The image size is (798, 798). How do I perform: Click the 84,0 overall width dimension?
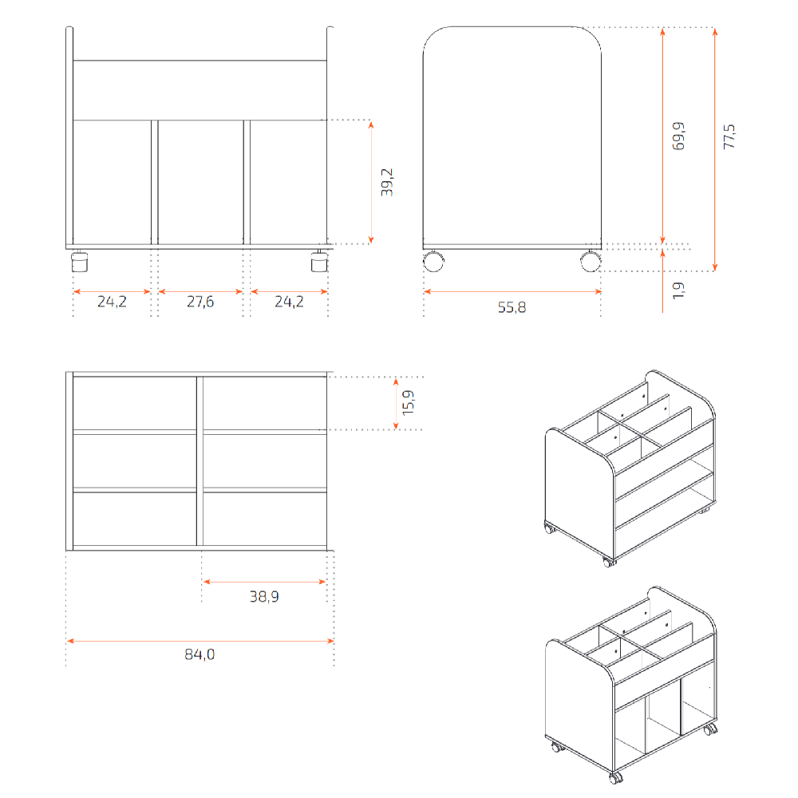tap(199, 654)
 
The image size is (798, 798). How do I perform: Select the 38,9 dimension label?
tap(264, 596)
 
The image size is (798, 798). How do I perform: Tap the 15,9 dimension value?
tap(408, 402)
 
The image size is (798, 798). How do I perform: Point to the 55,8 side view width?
tap(512, 307)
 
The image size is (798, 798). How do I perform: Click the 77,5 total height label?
tap(729, 136)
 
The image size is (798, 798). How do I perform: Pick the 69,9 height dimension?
tap(678, 136)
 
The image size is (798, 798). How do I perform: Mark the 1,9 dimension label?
tap(678, 290)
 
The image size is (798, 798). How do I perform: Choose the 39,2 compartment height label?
tap(387, 182)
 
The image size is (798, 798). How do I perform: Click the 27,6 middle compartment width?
tap(200, 302)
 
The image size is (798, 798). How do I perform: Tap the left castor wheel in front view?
tap(79, 261)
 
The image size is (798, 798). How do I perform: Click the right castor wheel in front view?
tap(320, 261)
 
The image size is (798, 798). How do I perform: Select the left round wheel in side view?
tap(433, 261)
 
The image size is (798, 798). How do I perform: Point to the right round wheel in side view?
tap(591, 261)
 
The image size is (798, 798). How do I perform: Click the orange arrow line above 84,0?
tap(200, 641)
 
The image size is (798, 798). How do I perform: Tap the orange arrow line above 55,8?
tap(512, 291)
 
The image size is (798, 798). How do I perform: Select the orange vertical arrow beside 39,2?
tap(371, 182)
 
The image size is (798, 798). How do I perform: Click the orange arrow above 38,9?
tap(264, 581)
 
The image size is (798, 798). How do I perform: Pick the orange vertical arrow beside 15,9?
tap(396, 404)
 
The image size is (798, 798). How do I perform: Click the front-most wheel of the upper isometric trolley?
tap(608, 562)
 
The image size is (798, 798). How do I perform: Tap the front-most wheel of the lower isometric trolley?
tap(616, 778)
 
